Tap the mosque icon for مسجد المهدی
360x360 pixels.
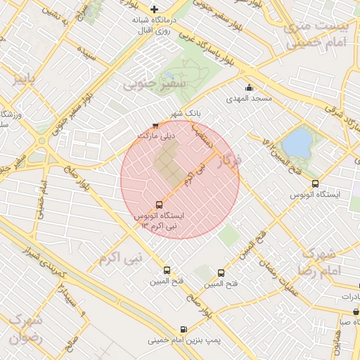point(249,88)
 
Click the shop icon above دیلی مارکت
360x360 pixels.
point(155,126)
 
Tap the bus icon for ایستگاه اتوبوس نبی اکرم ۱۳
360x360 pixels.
point(157,205)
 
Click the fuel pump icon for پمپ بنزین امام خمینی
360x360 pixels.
point(184,329)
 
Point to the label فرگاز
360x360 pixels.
point(229,162)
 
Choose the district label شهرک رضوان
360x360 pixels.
point(26,328)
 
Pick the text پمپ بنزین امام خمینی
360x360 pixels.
point(184,340)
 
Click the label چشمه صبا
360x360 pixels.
point(349,322)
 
